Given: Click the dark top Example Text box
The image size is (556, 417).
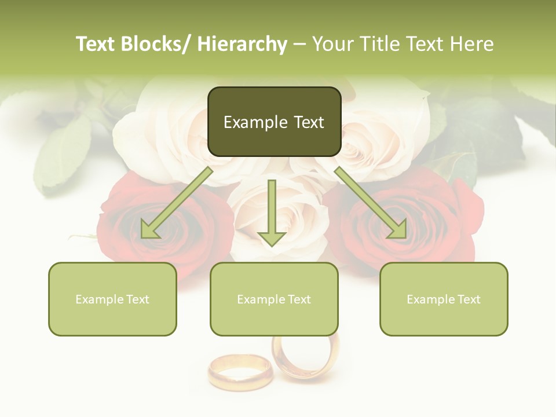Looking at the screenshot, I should pos(274,122).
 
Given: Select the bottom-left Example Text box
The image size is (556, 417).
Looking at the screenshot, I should pos(112,299).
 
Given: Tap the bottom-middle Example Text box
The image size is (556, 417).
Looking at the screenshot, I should pos(274,299).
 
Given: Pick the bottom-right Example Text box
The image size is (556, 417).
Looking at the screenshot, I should pos(444,299).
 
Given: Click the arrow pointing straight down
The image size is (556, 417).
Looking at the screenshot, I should pos(272,212).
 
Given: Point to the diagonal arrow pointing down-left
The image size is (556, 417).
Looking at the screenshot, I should pos(177,203).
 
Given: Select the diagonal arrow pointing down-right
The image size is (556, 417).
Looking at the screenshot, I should pos(371,203).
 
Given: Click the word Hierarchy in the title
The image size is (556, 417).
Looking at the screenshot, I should pos(242,44).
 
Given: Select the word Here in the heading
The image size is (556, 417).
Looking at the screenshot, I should pos(471,44).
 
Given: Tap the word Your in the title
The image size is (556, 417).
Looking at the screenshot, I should pos(332,44).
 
